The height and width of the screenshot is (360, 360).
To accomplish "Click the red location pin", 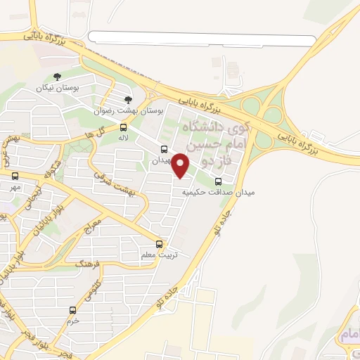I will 181,165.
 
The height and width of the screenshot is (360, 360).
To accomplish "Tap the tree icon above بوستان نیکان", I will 58,77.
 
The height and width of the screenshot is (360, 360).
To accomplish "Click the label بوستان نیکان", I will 57,89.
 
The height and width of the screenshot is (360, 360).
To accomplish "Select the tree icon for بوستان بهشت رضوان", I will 127,100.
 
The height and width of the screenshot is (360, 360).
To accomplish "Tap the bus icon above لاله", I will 124,127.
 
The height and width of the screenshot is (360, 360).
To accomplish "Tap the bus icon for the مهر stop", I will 15,176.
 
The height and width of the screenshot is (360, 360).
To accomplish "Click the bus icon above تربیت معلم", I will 160,245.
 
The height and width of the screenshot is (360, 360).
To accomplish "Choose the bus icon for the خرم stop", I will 72,310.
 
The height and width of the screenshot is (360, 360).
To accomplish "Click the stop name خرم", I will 72,321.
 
